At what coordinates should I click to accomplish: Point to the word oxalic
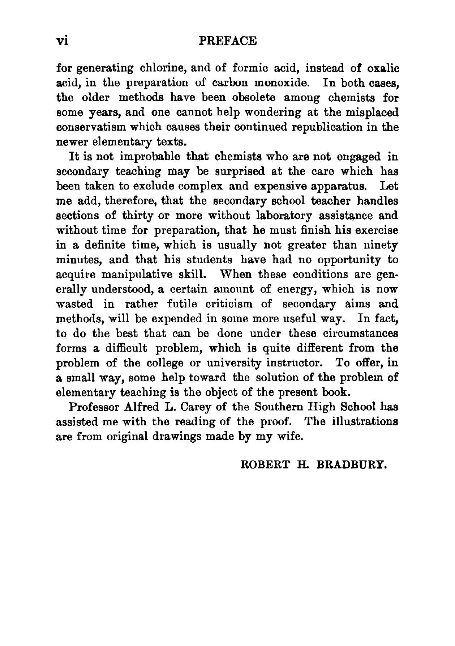pyautogui.click(x=382, y=68)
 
